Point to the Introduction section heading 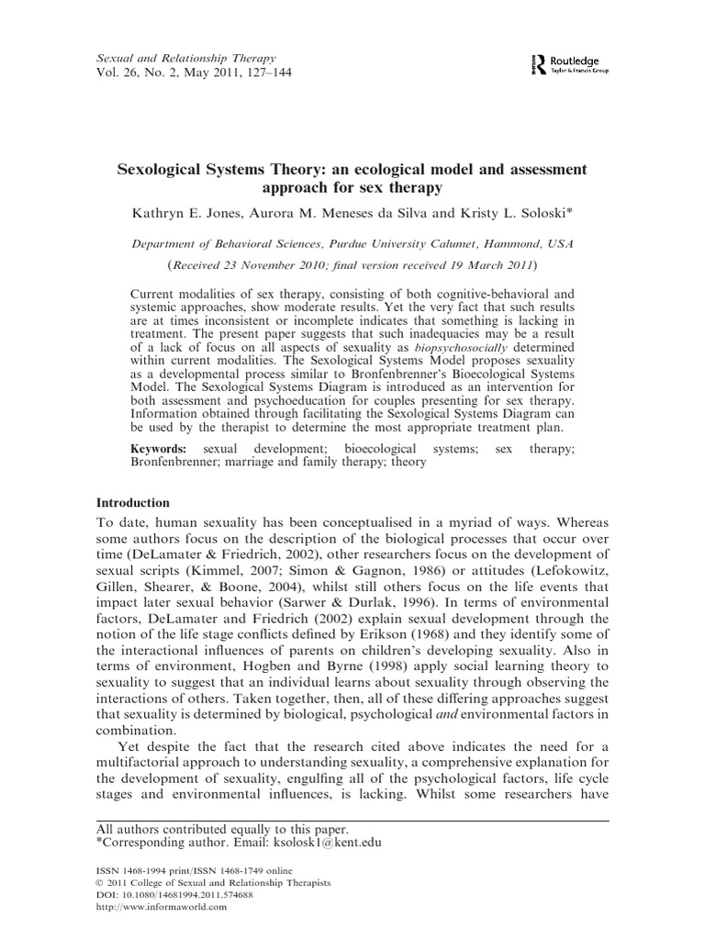point(133,502)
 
